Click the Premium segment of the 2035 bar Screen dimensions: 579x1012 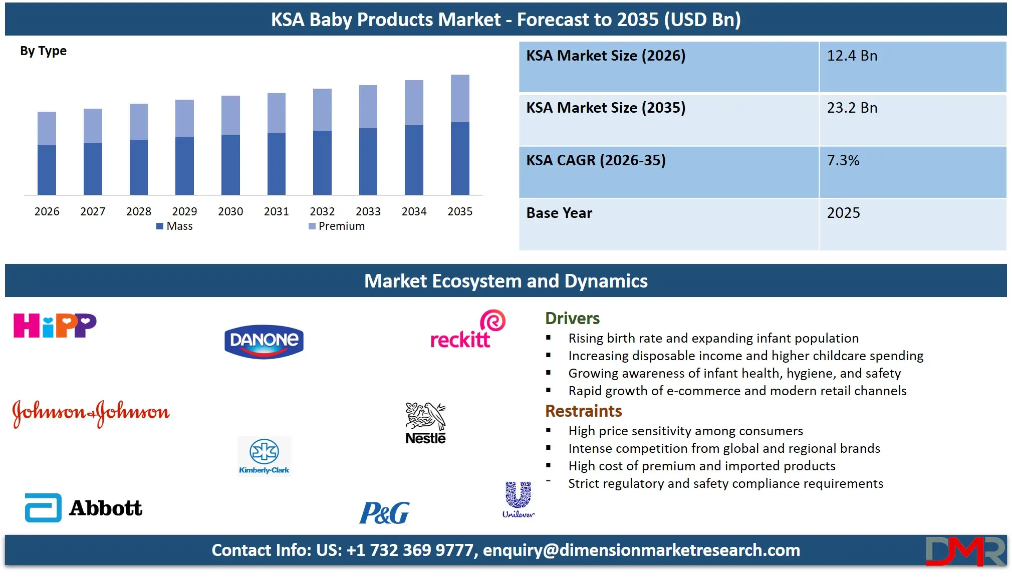coord(460,98)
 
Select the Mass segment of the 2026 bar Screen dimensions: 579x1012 coord(47,169)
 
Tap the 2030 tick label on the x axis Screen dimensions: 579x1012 coord(230,211)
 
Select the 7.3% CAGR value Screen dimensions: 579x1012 coord(843,161)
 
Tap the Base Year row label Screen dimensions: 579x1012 coord(559,213)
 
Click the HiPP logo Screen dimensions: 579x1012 coord(55,326)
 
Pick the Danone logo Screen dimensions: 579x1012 coord(264,341)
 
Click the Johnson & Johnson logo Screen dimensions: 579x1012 coord(91,413)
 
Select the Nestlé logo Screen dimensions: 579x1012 coord(425,424)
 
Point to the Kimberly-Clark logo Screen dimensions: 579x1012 coord(264,456)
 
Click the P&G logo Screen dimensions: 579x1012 coord(384,513)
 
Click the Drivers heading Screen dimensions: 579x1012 coord(572,319)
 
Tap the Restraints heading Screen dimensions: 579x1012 coord(583,411)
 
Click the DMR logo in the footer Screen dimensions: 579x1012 coord(965,551)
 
